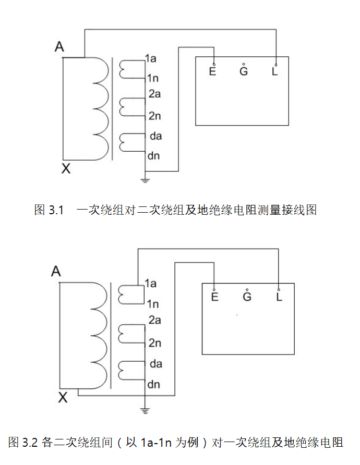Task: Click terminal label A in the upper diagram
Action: coord(59,47)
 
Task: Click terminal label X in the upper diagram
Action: coord(66,168)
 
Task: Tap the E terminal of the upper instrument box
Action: coord(212,71)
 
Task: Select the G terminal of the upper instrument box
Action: coord(244,71)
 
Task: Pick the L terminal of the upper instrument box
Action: coord(275,71)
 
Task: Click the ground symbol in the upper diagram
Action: coord(146,180)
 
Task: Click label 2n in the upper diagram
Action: coord(154,116)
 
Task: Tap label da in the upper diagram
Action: coord(155,136)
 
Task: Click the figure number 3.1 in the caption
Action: coord(56,211)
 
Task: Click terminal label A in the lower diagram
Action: coord(56,272)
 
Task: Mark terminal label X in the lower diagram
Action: coord(63,398)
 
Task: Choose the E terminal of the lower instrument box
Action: coord(215,297)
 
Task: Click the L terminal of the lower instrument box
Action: coord(279,297)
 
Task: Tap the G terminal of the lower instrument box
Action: coord(247,297)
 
